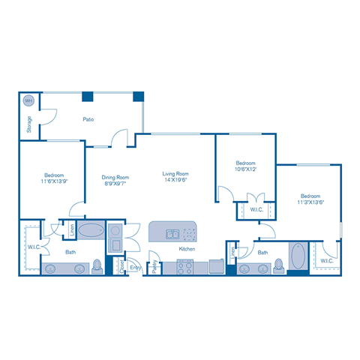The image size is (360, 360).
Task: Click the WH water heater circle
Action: pyautogui.click(x=28, y=100)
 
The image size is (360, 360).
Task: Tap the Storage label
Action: pyautogui.click(x=29, y=124)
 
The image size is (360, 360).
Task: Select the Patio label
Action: pyautogui.click(x=88, y=118)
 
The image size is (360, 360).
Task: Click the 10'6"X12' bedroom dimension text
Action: pyautogui.click(x=246, y=169)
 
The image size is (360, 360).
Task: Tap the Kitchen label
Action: pyautogui.click(x=187, y=249)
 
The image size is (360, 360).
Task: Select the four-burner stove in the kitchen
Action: pyautogui.click(x=185, y=265)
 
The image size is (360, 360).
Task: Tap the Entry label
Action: pyautogui.click(x=136, y=267)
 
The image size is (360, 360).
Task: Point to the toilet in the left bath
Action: pyautogui.click(x=97, y=265)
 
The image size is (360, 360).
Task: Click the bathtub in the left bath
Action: pyautogui.click(x=92, y=231)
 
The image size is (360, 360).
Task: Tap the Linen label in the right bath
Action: pyautogui.click(x=233, y=254)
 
